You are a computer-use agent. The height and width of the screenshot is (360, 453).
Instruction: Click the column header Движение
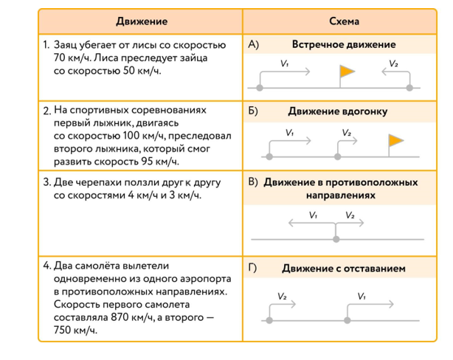point(141,21)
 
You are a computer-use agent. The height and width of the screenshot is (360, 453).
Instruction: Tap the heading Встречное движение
point(343,45)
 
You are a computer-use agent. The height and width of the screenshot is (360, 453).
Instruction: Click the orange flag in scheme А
point(346,71)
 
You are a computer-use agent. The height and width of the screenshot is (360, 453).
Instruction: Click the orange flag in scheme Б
point(395,139)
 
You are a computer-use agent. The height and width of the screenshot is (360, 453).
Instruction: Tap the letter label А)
point(254,45)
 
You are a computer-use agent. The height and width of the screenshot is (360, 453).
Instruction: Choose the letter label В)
point(253,181)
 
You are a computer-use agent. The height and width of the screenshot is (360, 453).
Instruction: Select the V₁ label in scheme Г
point(362,296)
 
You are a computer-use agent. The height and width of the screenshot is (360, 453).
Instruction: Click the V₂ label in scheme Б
point(347,134)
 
